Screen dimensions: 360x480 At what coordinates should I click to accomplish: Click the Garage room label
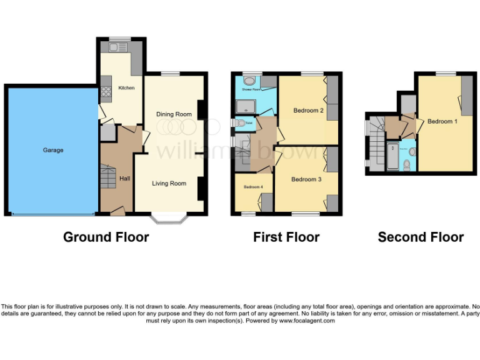point(53,150)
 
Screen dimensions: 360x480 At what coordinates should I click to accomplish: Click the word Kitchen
point(126,88)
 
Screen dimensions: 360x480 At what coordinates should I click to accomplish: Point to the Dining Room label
point(174,114)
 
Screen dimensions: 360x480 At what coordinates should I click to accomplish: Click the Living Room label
point(170,183)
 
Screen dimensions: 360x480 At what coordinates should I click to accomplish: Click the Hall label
point(125,179)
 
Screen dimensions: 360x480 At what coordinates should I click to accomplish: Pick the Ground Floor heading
point(106,237)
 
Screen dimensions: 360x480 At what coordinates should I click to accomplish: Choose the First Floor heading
point(286,237)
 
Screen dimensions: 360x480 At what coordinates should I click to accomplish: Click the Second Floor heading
point(421,237)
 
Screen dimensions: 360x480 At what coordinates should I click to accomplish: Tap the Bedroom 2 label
point(308,111)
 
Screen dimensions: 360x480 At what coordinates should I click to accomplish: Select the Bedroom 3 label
point(306,179)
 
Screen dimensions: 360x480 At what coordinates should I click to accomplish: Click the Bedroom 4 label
point(252,187)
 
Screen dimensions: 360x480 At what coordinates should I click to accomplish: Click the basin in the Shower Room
point(249,81)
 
